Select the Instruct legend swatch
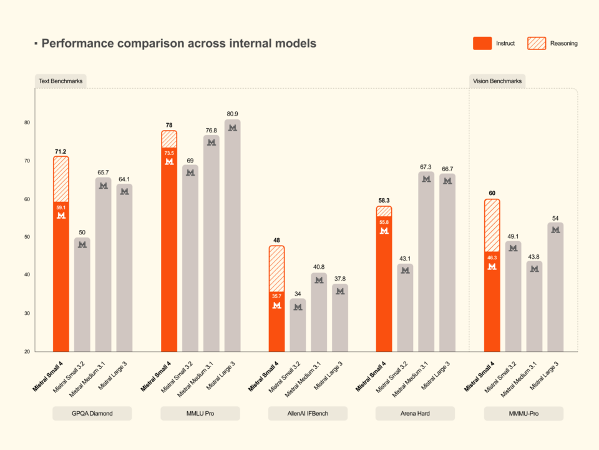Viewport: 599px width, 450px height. [x=482, y=43]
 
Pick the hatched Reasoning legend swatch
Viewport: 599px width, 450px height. [x=537, y=43]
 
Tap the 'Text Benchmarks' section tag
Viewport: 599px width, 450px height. [x=61, y=81]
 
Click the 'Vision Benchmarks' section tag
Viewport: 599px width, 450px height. [x=497, y=81]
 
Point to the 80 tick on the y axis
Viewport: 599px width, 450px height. [x=27, y=122]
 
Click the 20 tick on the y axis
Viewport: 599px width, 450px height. [x=27, y=352]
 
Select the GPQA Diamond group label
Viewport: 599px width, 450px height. [x=92, y=414]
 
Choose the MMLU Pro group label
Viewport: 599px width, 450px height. [x=200, y=414]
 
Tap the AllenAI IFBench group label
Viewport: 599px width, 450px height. [x=308, y=414]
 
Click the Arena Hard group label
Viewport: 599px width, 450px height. [x=415, y=414]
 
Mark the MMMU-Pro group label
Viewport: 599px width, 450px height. [x=524, y=414]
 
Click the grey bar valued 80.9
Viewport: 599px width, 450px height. [x=232, y=237]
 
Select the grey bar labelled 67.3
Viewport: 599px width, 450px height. [x=426, y=262]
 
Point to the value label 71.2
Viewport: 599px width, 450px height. [x=61, y=151]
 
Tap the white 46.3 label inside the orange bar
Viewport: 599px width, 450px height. [x=492, y=257]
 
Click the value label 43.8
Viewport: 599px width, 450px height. [x=534, y=256]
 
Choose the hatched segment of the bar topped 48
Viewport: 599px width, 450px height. [x=276, y=269]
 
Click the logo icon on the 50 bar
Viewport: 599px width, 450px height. [x=82, y=245]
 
